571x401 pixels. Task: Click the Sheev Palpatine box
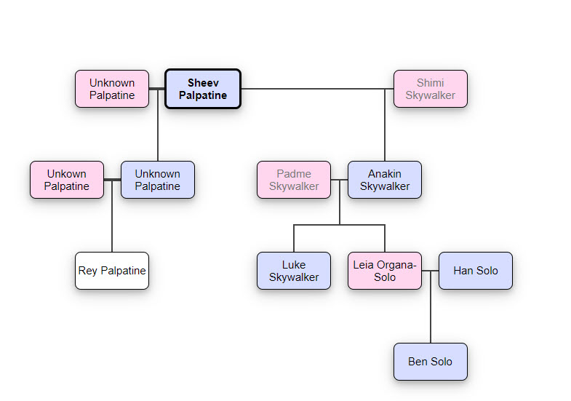point(202,89)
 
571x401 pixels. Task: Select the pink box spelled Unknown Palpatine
point(112,89)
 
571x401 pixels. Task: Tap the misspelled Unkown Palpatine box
point(67,180)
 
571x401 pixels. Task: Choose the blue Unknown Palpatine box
point(157,180)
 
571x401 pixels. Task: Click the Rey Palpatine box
point(112,271)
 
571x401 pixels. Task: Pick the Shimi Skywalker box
point(430,89)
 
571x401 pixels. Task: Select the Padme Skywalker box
point(294,180)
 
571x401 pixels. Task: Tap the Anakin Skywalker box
point(384,180)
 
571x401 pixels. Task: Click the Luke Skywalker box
point(294,271)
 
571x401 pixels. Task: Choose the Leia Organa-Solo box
point(384,271)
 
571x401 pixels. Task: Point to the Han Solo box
point(476,271)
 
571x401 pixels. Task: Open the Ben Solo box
point(430,362)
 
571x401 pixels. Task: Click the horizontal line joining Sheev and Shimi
point(313,89)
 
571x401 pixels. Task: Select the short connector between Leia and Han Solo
point(430,271)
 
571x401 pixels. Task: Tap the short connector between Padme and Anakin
point(339,180)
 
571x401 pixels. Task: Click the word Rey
point(88,271)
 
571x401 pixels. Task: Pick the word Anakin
point(384,174)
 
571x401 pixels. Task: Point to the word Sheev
point(203,83)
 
